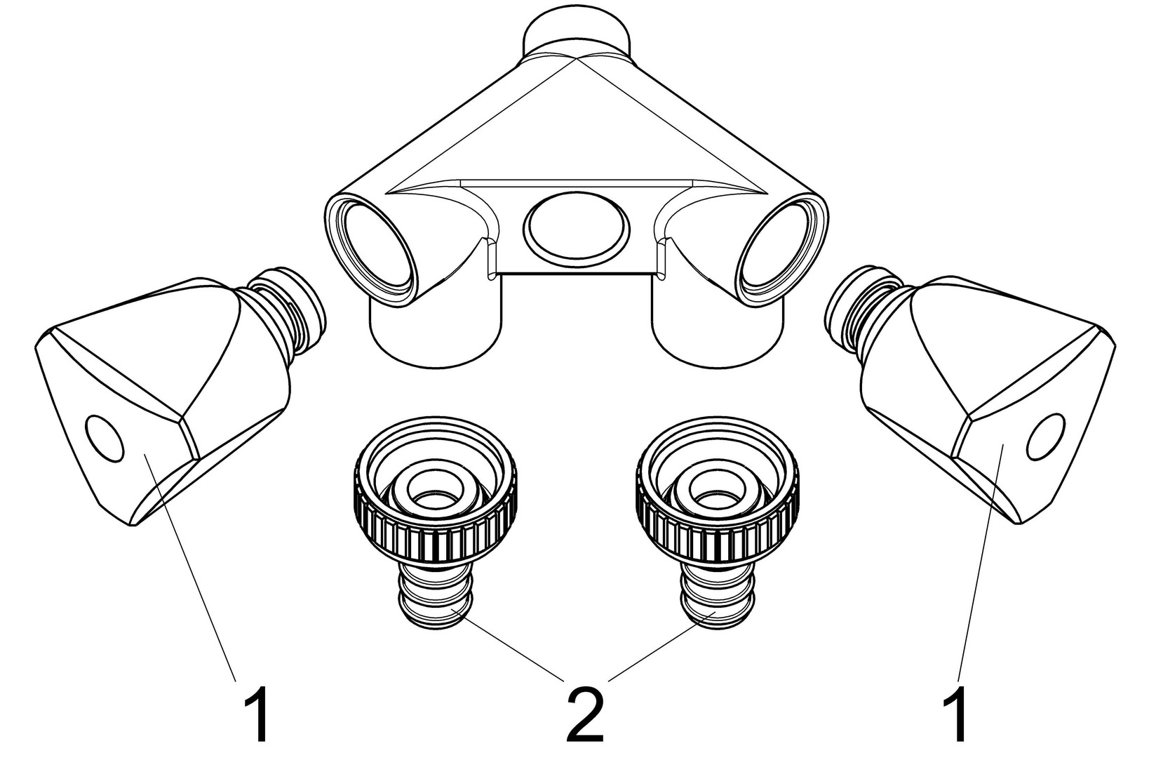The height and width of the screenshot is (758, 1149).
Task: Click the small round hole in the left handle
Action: pos(105,437)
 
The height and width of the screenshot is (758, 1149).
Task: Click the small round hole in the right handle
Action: pos(1046,437)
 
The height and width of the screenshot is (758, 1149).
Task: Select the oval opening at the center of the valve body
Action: pos(575,226)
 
